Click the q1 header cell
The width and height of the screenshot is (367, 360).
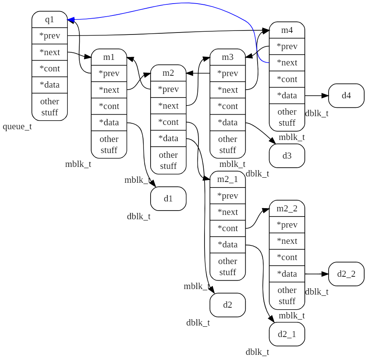(x=50, y=19)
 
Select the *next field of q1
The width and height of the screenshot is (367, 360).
(x=50, y=52)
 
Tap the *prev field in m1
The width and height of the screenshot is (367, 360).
(x=109, y=73)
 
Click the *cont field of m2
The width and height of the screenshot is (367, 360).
(x=168, y=122)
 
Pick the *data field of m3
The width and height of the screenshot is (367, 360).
(x=227, y=123)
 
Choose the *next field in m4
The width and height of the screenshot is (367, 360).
(x=287, y=63)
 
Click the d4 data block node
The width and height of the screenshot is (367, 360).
(x=346, y=96)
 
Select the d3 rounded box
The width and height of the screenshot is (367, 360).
(x=287, y=156)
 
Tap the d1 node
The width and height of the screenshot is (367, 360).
(x=168, y=199)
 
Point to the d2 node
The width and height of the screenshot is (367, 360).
(x=227, y=305)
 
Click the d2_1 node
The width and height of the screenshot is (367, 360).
(x=287, y=334)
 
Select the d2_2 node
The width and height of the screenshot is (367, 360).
(x=346, y=274)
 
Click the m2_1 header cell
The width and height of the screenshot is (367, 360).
(x=227, y=179)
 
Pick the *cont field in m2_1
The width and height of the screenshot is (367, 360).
(x=227, y=228)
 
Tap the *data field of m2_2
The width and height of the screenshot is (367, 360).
(x=287, y=274)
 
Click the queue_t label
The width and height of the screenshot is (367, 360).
(x=17, y=127)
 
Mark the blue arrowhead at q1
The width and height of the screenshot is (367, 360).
(x=70, y=19)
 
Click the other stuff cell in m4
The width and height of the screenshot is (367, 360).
(x=287, y=117)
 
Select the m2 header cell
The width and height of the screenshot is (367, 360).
(x=168, y=73)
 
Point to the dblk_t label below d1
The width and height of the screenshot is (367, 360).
(x=139, y=216)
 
